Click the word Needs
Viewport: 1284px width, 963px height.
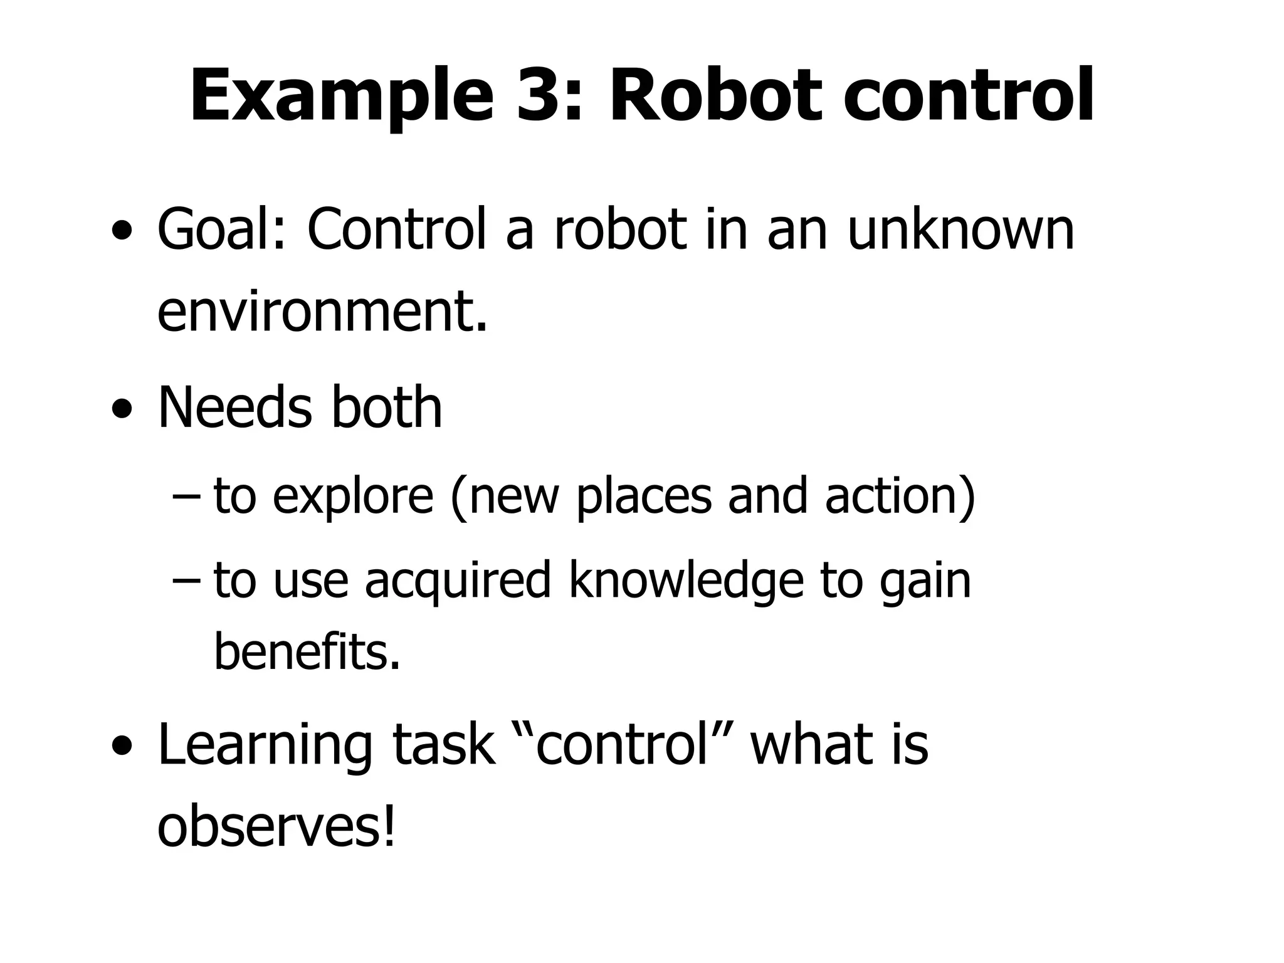click(234, 408)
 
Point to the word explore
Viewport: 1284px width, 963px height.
click(353, 497)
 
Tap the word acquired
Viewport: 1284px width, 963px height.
click(458, 581)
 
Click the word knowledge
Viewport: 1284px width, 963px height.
click(686, 581)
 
